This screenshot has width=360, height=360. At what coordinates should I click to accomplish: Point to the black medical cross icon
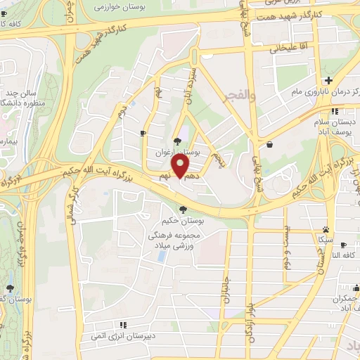[x=328, y=79]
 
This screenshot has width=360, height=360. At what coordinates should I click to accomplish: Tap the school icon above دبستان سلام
[x=336, y=110]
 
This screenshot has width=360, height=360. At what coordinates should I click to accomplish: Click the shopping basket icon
[x=270, y=144]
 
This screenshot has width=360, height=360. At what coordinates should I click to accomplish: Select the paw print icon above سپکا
[x=325, y=229]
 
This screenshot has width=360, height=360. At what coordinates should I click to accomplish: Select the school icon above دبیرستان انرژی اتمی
[x=123, y=325]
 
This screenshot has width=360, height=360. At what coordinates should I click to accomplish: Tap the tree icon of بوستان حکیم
[x=184, y=210]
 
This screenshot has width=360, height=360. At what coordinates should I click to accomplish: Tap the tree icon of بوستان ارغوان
[x=176, y=141]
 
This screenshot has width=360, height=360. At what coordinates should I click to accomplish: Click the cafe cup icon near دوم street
[x=144, y=132]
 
